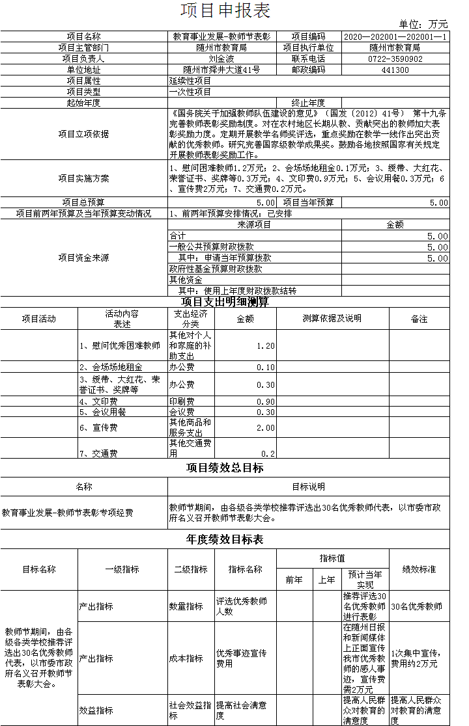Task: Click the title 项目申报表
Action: pyautogui.click(x=225, y=11)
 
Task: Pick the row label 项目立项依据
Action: pyautogui.click(x=83, y=134)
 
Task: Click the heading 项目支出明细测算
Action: pyautogui.click(x=225, y=302)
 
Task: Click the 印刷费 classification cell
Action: pyautogui.click(x=182, y=402)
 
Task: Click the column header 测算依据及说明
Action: pyautogui.click(x=332, y=319)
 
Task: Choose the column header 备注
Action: pyautogui.click(x=419, y=319)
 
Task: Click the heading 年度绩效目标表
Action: pyautogui.click(x=225, y=540)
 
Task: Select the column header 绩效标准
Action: pyautogui.click(x=419, y=569)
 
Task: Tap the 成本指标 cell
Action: pyautogui.click(x=186, y=658)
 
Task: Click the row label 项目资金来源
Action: pyautogui.click(x=83, y=258)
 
